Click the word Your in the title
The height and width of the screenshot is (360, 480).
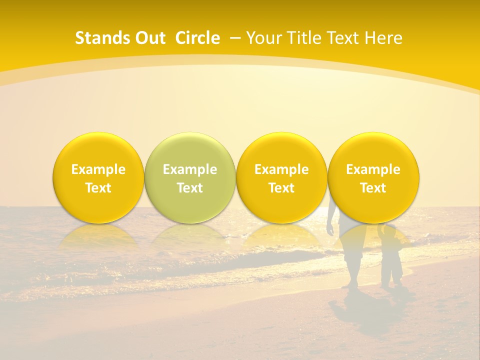[262, 38]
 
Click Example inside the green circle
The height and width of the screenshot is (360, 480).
[189, 169]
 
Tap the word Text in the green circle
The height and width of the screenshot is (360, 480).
[189, 188]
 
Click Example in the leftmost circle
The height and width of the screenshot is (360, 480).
[98, 169]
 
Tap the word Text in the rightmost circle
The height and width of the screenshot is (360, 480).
[373, 188]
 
